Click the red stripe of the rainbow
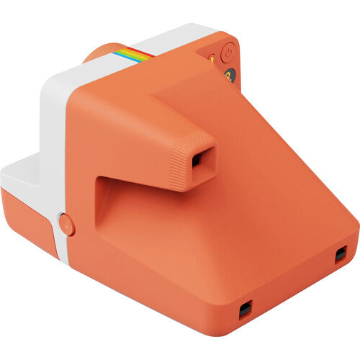[x=144, y=51]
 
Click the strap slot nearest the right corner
[x=341, y=253]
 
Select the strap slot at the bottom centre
[x=246, y=310]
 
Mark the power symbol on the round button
[x=228, y=51]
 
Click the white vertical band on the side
[x=54, y=144]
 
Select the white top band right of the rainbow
[x=180, y=40]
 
